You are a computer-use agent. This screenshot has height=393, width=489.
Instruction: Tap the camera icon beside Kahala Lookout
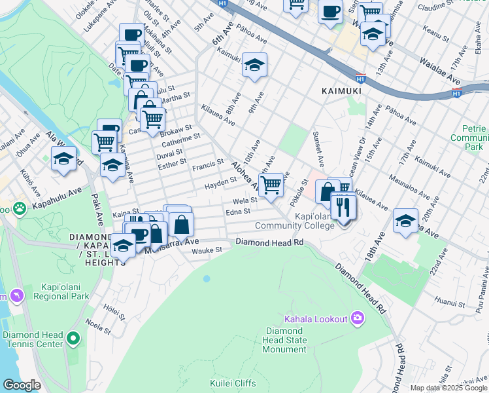[x=357, y=318]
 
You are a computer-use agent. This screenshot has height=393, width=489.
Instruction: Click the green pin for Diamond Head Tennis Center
[x=72, y=339]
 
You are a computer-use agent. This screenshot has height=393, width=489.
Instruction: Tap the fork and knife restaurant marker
[x=343, y=208]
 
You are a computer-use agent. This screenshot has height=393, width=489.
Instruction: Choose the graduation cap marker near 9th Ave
[x=254, y=64]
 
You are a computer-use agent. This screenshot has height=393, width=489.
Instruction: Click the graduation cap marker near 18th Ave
[x=405, y=220]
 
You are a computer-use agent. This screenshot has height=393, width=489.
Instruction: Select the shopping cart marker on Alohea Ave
[x=271, y=184]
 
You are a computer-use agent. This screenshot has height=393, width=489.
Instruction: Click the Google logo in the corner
[x=22, y=385]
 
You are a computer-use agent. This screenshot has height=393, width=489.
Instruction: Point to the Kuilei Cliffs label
[x=231, y=382]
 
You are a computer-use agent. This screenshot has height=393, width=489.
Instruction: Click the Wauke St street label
[x=211, y=250]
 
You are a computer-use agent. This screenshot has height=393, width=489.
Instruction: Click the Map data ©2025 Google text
[x=448, y=388]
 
